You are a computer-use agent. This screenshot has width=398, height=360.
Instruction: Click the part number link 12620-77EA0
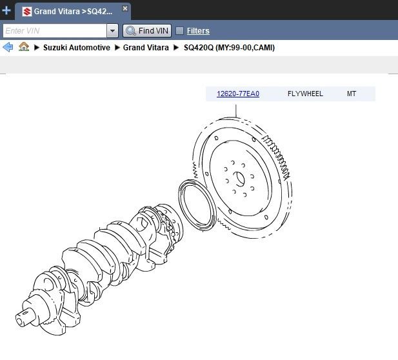pyautogui.click(x=238, y=94)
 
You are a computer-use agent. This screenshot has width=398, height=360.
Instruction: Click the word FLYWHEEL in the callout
pyautogui.click(x=305, y=94)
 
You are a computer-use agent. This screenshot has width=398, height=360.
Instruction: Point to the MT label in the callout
pyautogui.click(x=352, y=94)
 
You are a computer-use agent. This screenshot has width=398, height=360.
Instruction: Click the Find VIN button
pyautogui.click(x=147, y=31)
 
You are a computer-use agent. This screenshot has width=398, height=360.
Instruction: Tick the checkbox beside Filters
pyautogui.click(x=179, y=31)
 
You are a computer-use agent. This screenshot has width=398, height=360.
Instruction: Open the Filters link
pyautogui.click(x=198, y=31)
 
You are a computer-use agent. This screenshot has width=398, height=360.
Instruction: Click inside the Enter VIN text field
pyautogui.click(x=55, y=31)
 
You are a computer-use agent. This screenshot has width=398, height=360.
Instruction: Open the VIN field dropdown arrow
pyautogui.click(x=112, y=31)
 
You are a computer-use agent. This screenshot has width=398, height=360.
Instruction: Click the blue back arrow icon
pyautogui.click(x=8, y=47)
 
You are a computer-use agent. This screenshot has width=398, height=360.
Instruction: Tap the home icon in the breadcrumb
pyautogui.click(x=24, y=47)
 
